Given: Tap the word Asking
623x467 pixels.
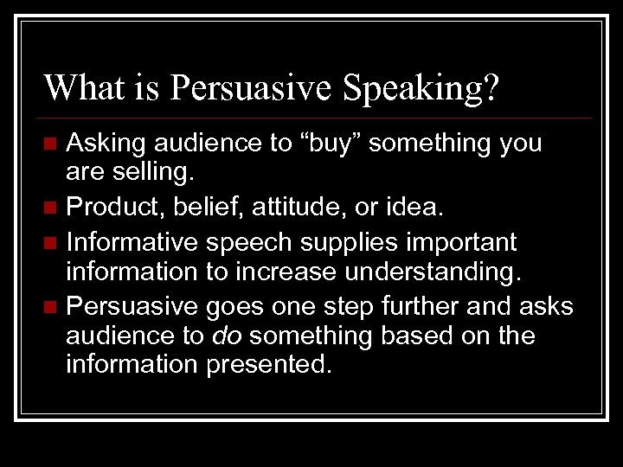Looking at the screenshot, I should coord(106,144).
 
